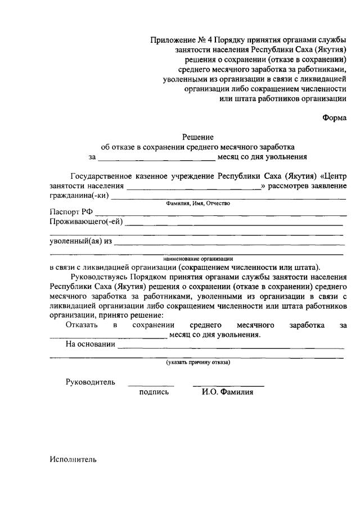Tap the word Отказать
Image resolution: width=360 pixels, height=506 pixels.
tap(82, 325)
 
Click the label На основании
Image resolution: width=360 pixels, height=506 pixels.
tap(90, 344)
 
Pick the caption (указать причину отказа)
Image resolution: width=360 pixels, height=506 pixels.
tap(197, 363)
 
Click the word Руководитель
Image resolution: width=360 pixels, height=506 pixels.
tap(91, 382)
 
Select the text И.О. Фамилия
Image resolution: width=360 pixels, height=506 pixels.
tap(227, 392)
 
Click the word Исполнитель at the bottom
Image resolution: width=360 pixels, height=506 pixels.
tap(73, 459)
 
